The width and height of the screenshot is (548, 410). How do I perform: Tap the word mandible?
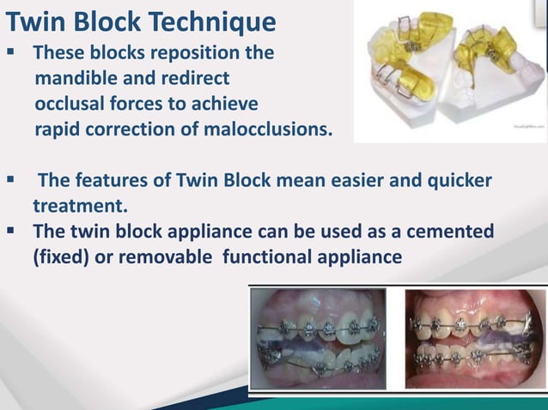click(75, 80)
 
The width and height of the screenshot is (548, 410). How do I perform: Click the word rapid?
click(58, 131)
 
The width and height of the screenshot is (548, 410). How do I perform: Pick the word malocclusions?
click(261, 131)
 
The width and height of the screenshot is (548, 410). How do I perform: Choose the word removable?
click(170, 257)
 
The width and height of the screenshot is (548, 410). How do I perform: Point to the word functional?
click(270, 257)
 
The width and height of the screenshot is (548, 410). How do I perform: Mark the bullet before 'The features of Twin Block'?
click(13, 182)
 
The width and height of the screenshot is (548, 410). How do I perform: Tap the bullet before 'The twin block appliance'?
click(13, 232)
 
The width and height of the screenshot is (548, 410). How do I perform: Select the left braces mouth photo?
click(323, 340)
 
